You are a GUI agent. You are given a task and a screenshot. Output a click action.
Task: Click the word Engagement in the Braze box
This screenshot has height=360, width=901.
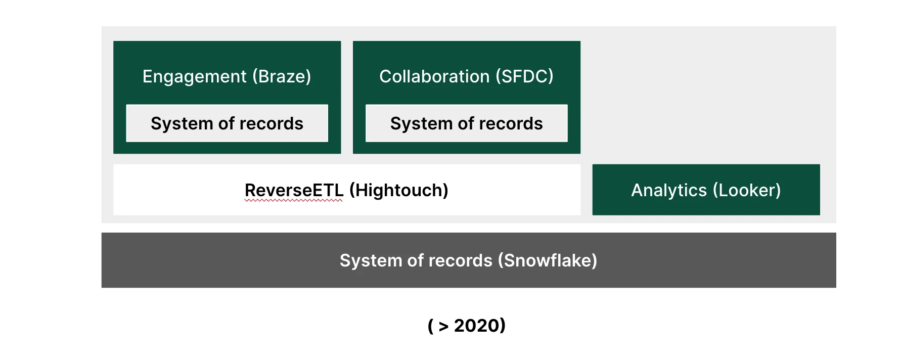194,77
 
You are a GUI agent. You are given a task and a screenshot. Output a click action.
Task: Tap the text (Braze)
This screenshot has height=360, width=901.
282,76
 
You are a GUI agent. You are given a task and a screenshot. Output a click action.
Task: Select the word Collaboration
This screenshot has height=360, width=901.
434,76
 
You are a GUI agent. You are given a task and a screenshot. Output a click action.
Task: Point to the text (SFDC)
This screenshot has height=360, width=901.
524,76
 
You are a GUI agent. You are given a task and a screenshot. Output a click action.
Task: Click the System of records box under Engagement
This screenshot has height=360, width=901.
227,123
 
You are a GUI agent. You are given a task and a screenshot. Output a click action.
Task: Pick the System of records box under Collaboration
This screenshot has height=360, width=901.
467,123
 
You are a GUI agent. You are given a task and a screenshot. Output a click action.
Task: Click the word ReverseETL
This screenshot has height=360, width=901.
294,190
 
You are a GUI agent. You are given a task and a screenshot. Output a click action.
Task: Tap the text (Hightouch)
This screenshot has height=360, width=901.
399,190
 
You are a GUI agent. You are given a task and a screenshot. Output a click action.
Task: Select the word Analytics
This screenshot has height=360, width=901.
669,191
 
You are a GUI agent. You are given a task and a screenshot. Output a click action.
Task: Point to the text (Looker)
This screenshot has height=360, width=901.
747,190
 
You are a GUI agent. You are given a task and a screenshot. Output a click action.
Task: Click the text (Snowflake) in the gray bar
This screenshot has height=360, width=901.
548,260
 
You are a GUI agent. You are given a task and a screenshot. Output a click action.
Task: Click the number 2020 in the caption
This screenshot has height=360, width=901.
476,326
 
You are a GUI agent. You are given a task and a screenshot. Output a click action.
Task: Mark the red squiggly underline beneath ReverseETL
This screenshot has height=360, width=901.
294,201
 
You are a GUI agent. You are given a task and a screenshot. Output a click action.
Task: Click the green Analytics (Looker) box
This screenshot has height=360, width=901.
706,190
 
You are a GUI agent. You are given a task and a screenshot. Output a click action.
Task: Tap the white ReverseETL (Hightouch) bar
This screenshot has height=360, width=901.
347,190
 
